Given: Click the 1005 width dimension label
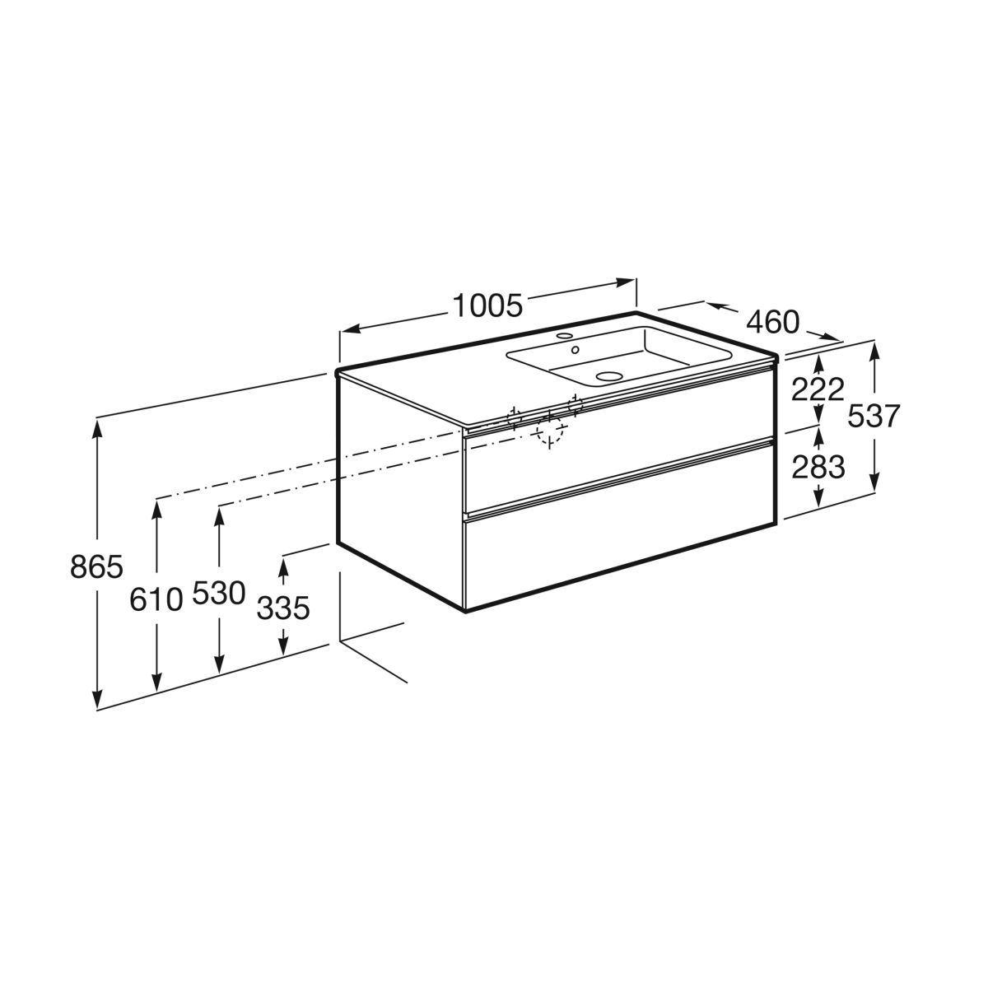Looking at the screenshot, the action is click(x=487, y=305).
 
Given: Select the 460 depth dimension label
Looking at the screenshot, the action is click(x=772, y=323).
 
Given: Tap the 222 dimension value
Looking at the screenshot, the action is click(x=818, y=389).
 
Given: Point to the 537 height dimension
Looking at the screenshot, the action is click(x=874, y=416).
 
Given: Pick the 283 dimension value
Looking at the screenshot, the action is click(x=818, y=468).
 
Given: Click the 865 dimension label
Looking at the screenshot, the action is click(x=97, y=567).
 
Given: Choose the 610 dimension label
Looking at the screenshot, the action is click(x=156, y=599).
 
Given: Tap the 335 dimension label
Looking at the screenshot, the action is click(x=283, y=608).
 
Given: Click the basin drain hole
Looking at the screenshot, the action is click(x=608, y=376).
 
